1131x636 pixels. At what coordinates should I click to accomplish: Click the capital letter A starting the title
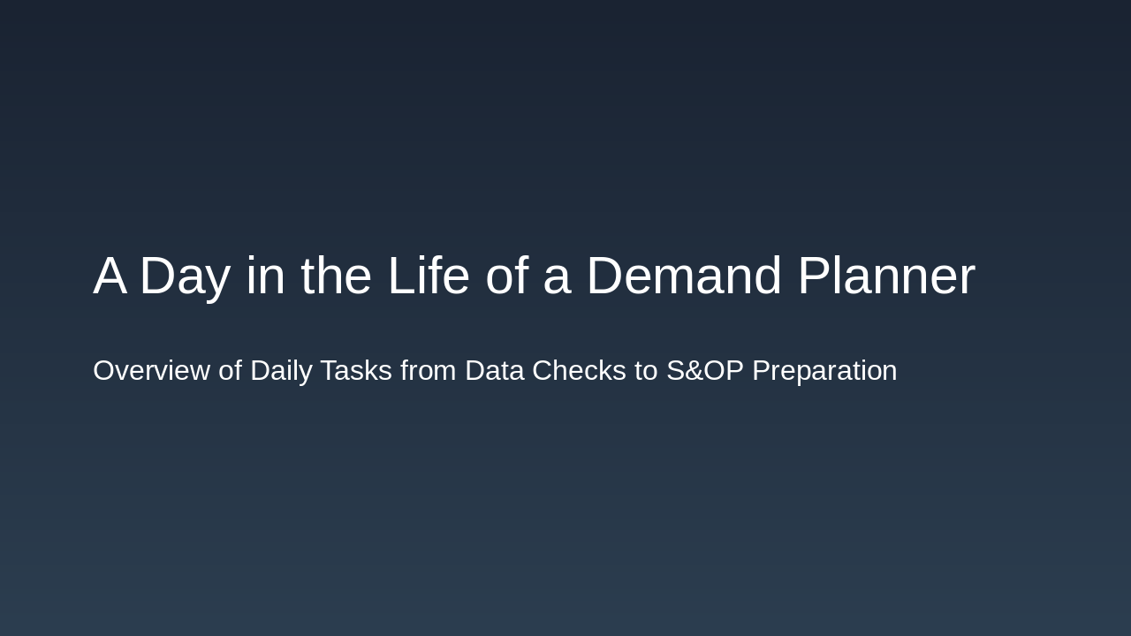tap(110, 276)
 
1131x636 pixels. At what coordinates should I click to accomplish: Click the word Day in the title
tap(185, 276)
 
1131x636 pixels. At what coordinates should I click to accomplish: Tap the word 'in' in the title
tap(265, 276)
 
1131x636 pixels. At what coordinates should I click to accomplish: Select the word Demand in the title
tap(684, 276)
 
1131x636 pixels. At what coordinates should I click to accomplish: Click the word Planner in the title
tap(886, 276)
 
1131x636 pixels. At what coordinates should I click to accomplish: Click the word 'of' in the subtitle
tap(230, 371)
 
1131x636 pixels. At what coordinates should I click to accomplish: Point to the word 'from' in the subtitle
tap(429, 371)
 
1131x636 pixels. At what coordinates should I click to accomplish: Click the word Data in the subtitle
tap(494, 371)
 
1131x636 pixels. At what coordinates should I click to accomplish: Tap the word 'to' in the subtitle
tap(646, 371)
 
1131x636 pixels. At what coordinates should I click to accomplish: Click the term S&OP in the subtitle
tap(705, 371)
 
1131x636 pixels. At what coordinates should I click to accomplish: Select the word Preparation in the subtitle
tap(824, 371)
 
